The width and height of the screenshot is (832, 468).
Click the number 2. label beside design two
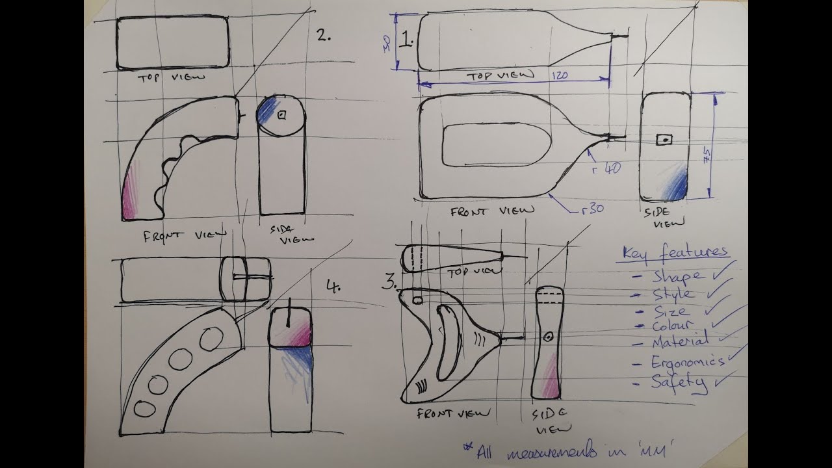click(324, 36)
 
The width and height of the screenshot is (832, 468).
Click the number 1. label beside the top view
click(407, 42)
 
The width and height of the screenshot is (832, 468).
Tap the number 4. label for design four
click(332, 286)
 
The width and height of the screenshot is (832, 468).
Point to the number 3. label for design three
click(390, 283)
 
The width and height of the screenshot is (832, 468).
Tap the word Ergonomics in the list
click(688, 362)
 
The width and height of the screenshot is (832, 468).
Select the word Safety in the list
click(679, 382)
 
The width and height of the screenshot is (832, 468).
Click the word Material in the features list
click(680, 341)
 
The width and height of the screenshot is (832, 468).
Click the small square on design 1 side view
click(664, 140)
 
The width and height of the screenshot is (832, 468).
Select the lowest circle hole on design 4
click(144, 409)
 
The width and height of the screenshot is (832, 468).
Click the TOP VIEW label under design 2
click(170, 77)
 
